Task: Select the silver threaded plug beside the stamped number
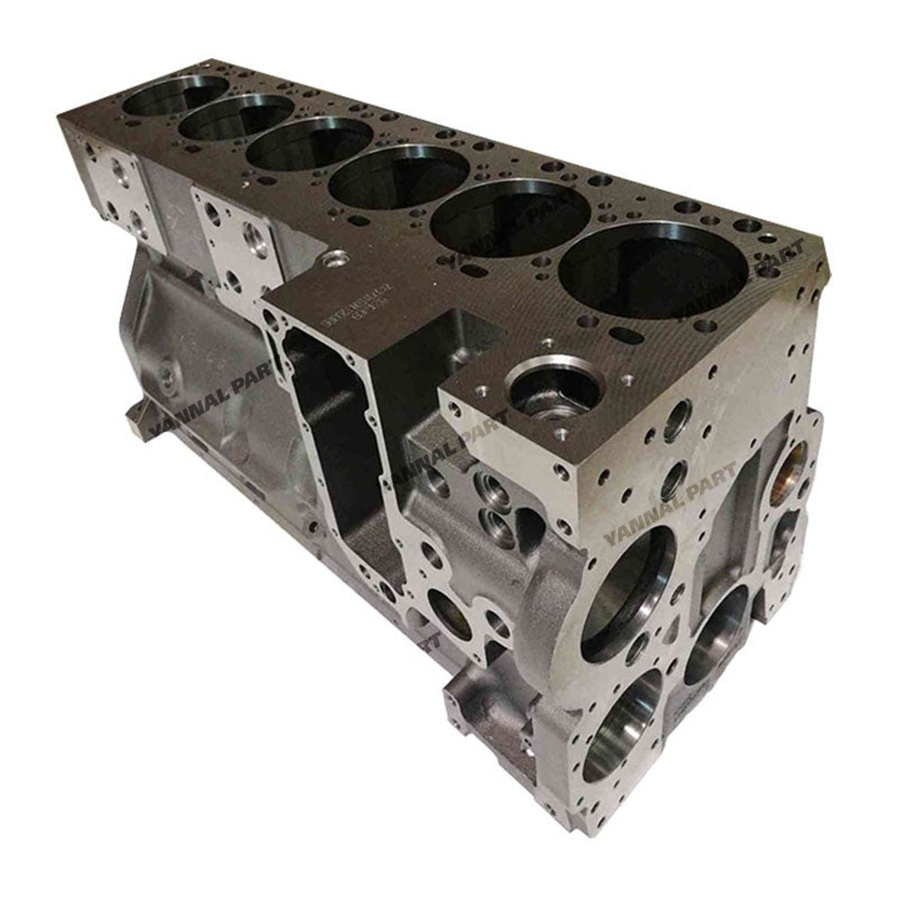click(337, 259)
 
